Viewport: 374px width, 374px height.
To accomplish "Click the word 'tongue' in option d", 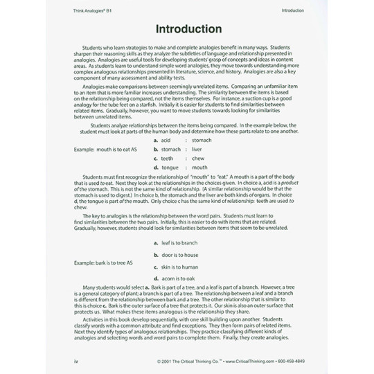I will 170,167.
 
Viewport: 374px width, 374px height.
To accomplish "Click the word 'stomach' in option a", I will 202,140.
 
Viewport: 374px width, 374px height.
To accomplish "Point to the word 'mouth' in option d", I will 199,167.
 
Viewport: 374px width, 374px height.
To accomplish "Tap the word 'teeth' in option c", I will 166,158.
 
